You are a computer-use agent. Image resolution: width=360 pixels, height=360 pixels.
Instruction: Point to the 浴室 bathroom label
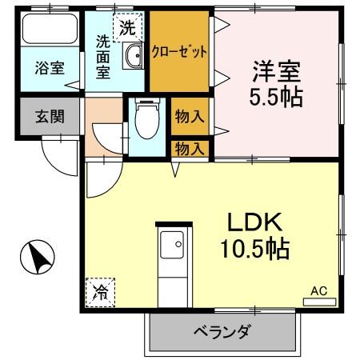point(49,68)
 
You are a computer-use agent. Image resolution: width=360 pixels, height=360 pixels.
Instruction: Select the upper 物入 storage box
point(190,116)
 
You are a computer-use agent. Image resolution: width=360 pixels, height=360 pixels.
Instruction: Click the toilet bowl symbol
point(146,121)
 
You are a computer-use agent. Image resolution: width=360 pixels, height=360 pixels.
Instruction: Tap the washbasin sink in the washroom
point(134,55)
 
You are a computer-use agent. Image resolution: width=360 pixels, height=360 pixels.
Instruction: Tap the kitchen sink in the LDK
point(172,242)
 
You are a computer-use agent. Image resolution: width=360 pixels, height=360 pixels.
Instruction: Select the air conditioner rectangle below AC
point(318,302)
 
